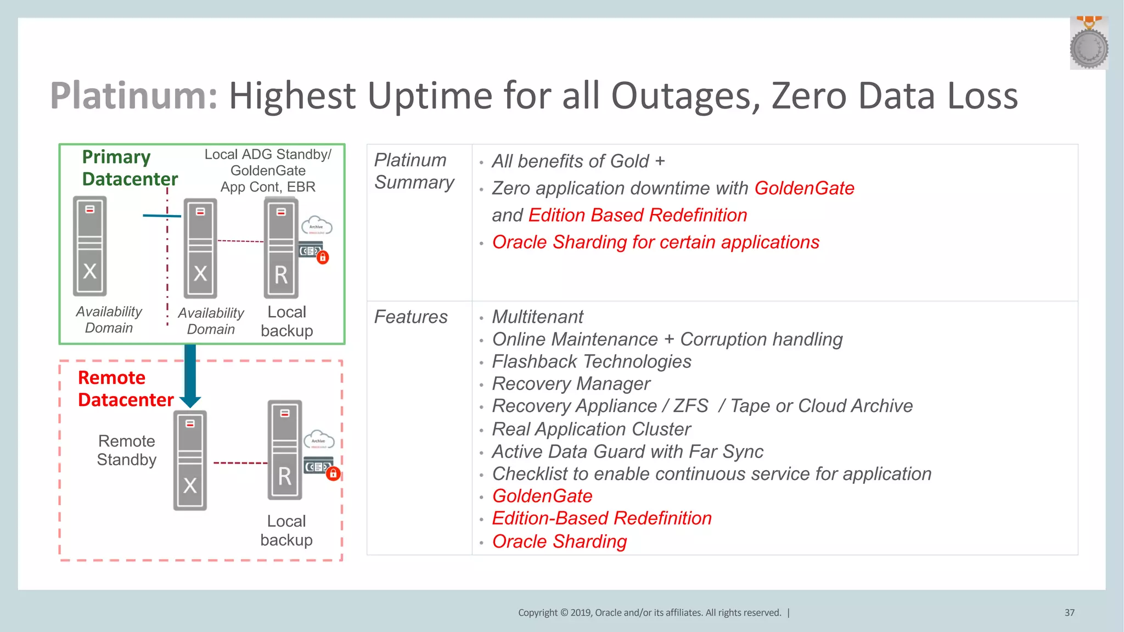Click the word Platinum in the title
pyautogui.click(x=133, y=95)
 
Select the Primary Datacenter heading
pyautogui.click(x=130, y=168)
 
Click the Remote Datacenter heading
pyautogui.click(x=126, y=388)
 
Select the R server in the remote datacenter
pyautogui.click(x=284, y=450)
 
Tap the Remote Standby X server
pyautogui.click(x=190, y=461)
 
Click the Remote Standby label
pyautogui.click(x=127, y=450)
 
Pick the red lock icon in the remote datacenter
pyautogui.click(x=333, y=473)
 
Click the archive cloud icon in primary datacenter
pyautogui.click(x=317, y=225)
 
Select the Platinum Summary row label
pyautogui.click(x=414, y=171)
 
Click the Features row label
pyautogui.click(x=411, y=317)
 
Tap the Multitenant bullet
pyautogui.click(x=537, y=317)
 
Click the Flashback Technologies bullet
pyautogui.click(x=591, y=362)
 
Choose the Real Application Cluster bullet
pyautogui.click(x=591, y=429)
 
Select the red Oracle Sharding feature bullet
pyautogui.click(x=559, y=541)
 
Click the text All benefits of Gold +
pyautogui.click(x=578, y=161)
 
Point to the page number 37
pyautogui.click(x=1069, y=612)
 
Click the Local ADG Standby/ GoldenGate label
pyautogui.click(x=268, y=162)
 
